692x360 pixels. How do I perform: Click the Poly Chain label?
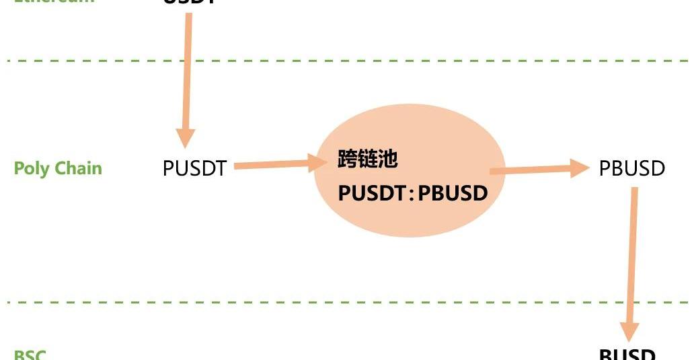pyautogui.click(x=58, y=168)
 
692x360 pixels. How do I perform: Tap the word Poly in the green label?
pyautogui.click(x=31, y=168)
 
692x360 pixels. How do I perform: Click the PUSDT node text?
pyautogui.click(x=195, y=168)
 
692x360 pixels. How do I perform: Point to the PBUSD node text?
pyautogui.click(x=631, y=168)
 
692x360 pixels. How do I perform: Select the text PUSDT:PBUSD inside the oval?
pyautogui.click(x=412, y=193)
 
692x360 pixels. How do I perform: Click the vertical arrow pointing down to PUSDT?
pyautogui.click(x=187, y=74)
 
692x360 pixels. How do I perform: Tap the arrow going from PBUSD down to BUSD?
pyautogui.click(x=632, y=262)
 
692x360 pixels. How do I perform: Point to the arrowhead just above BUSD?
pyautogui.click(x=629, y=330)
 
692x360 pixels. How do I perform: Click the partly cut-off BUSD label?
pyautogui.click(x=627, y=354)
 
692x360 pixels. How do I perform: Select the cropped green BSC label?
pyautogui.click(x=30, y=355)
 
